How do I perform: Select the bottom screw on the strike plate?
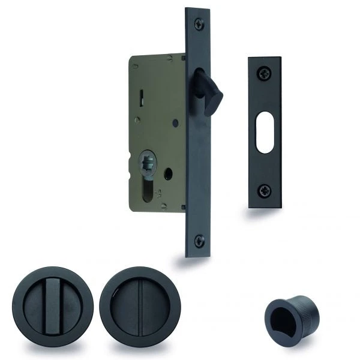click(x=264, y=191)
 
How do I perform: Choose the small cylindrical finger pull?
click(x=284, y=312)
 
